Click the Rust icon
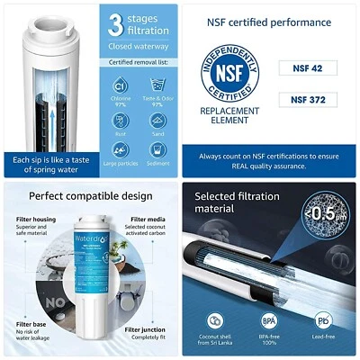pos(121,121)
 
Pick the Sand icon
pos(157,121)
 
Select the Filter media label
pos(145,219)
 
